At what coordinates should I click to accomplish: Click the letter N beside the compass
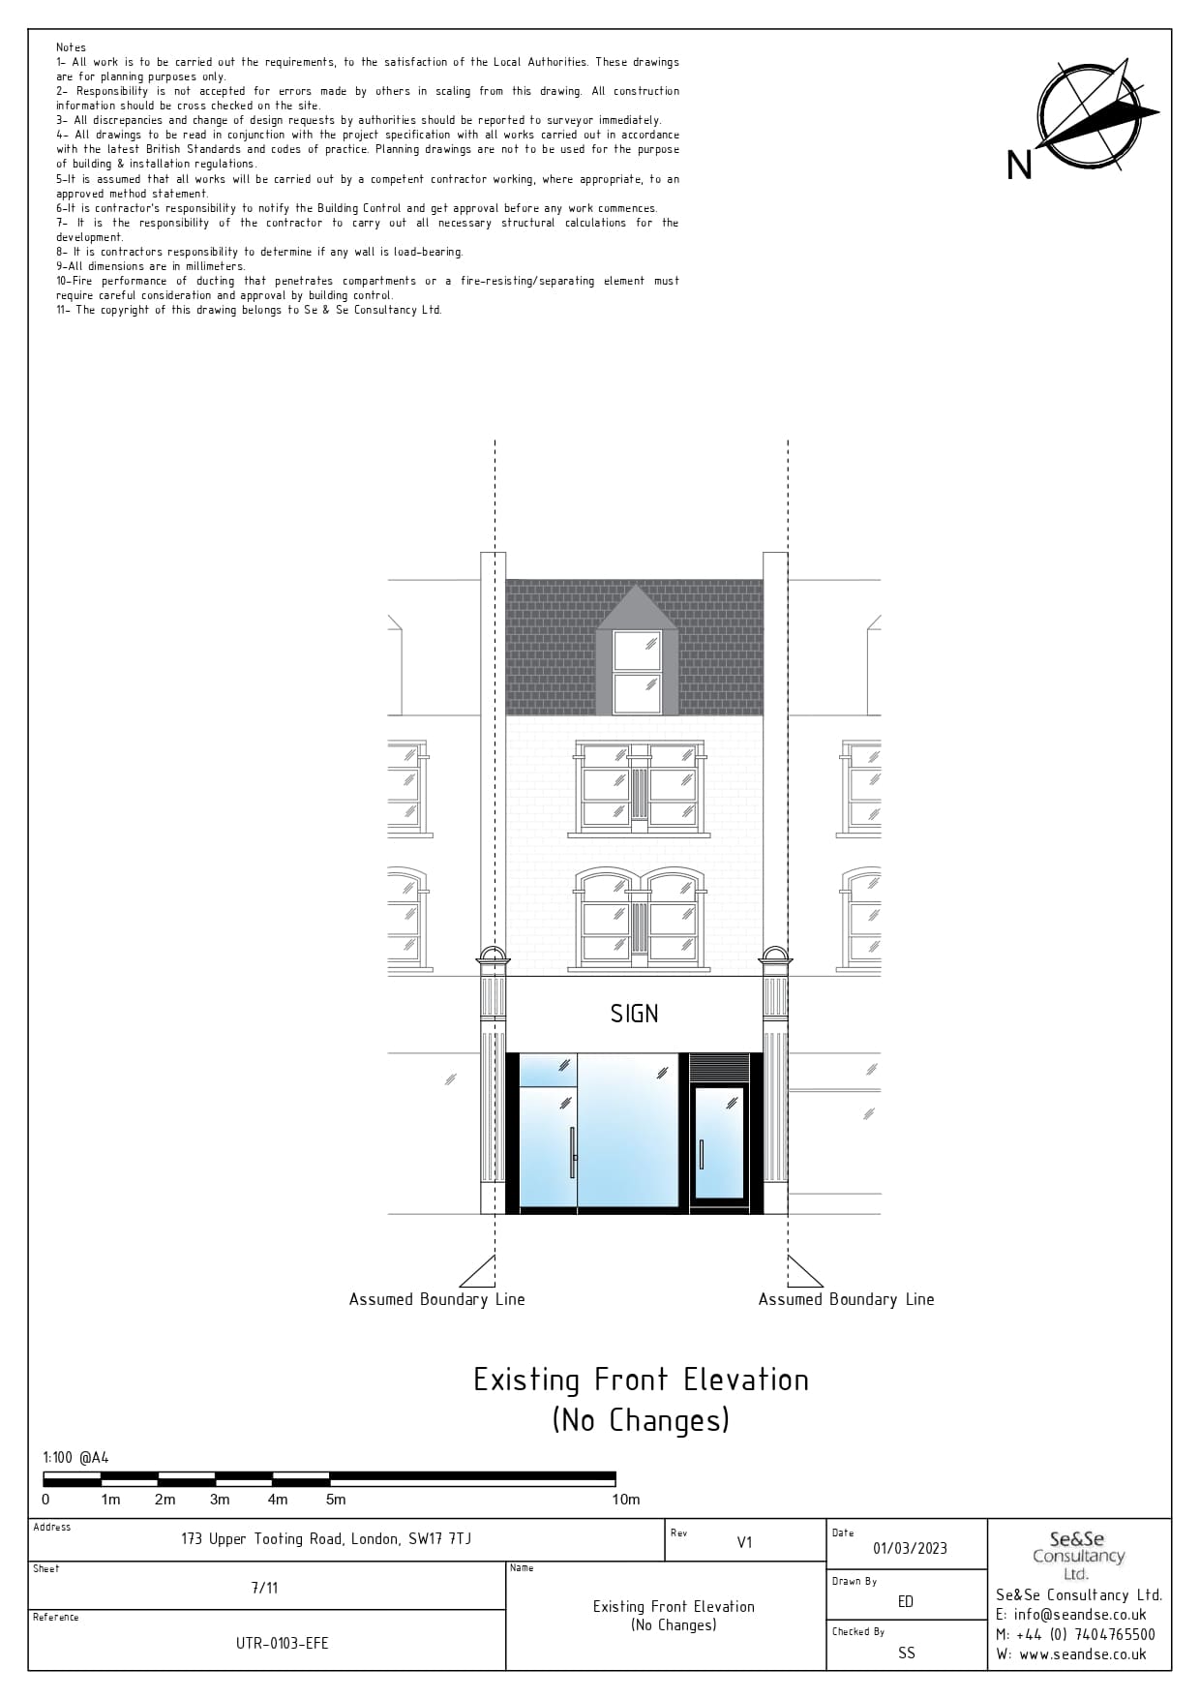[1019, 166]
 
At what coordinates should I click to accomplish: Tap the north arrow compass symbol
[1093, 115]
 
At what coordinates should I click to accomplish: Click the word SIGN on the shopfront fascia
[634, 1014]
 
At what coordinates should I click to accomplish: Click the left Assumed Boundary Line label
[436, 1299]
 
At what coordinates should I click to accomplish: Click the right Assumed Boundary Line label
[846, 1299]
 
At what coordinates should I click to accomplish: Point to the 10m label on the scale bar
[625, 1500]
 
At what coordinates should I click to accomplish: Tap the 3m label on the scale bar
[220, 1500]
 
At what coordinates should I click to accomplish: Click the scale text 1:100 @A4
[75, 1457]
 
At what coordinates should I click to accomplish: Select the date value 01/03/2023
[910, 1548]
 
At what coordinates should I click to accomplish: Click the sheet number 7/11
[264, 1588]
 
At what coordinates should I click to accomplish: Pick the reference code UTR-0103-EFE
[282, 1643]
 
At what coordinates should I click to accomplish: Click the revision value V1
[744, 1542]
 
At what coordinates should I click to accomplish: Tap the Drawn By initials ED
[906, 1601]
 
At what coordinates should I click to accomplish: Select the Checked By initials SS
[906, 1653]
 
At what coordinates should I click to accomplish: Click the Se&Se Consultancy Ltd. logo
[1078, 1555]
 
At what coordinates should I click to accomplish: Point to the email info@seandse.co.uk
[1070, 1615]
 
